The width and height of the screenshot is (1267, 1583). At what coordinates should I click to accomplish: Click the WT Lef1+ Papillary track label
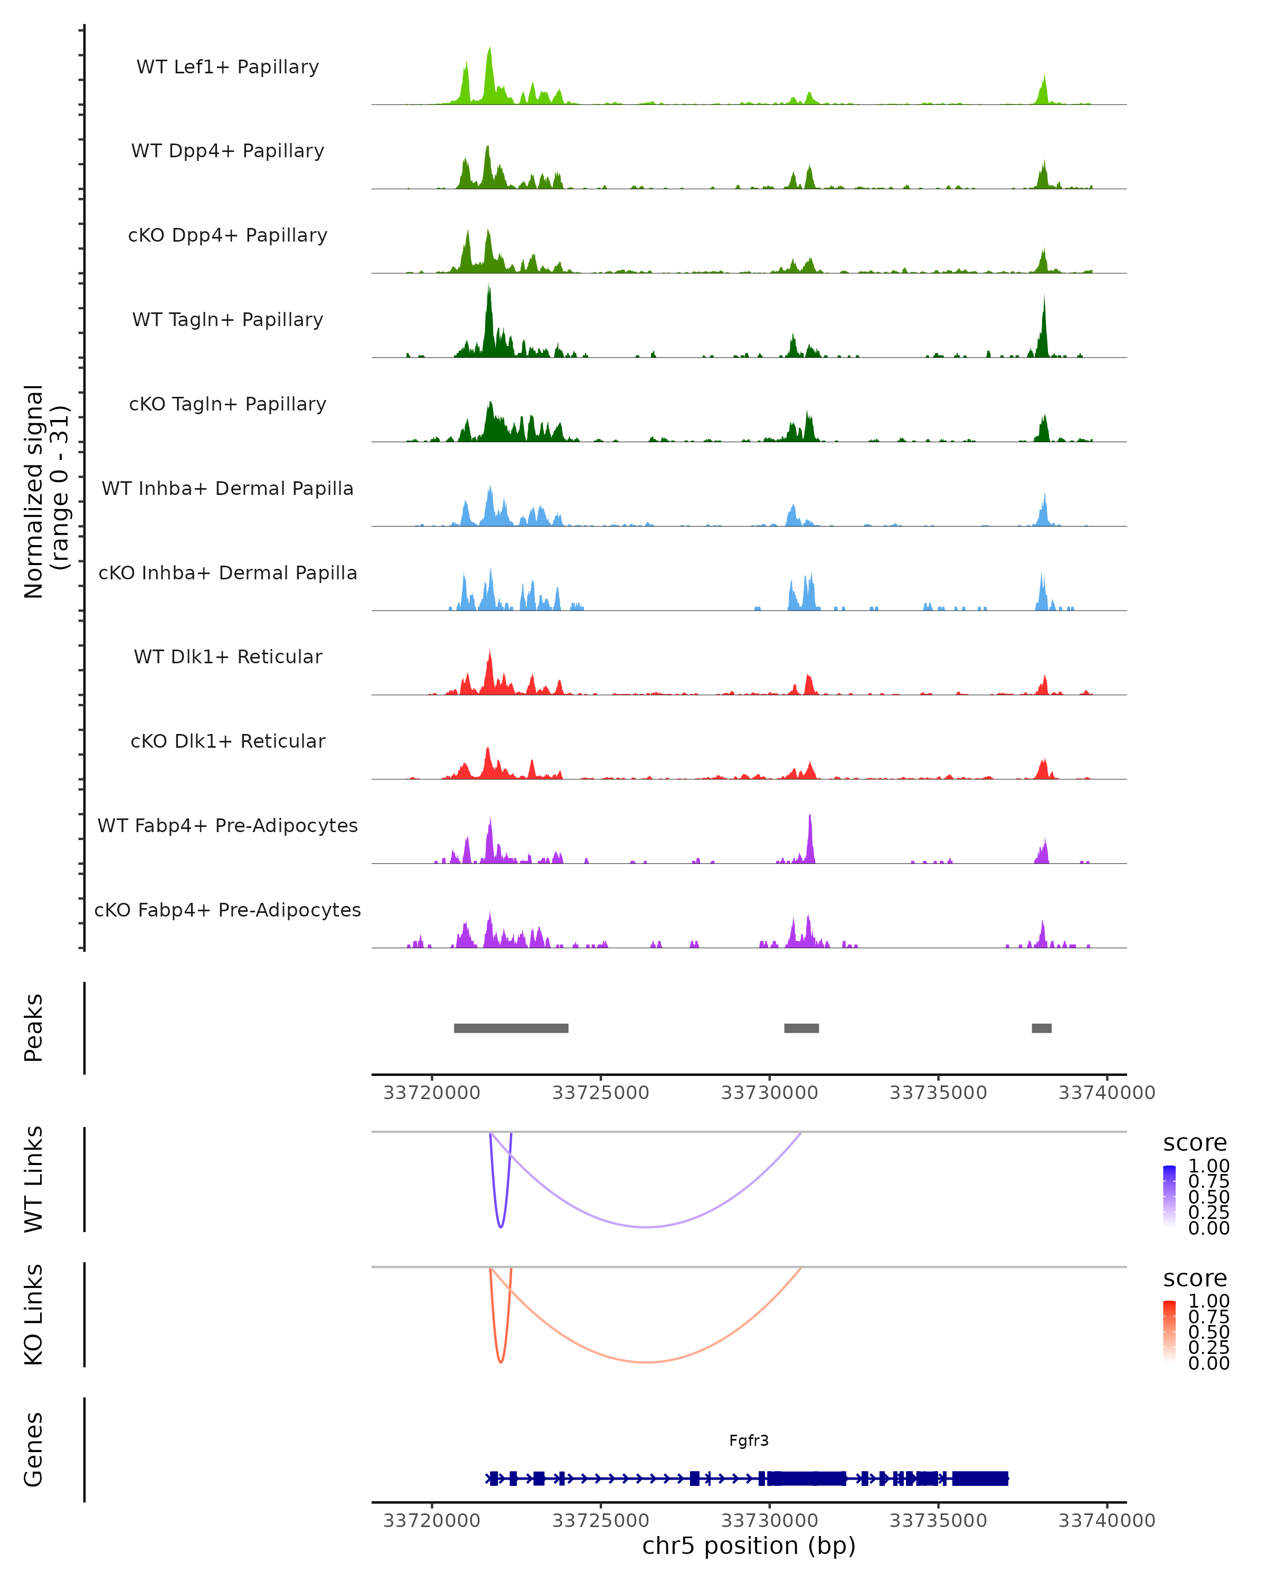click(x=228, y=67)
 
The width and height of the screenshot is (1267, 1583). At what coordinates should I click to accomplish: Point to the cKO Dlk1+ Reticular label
click(x=228, y=741)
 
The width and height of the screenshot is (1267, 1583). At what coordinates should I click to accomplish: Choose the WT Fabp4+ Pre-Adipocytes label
click(x=228, y=825)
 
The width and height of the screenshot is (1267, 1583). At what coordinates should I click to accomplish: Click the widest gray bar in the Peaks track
click(x=511, y=1028)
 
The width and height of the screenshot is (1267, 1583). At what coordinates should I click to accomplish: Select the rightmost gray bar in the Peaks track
click(x=1042, y=1028)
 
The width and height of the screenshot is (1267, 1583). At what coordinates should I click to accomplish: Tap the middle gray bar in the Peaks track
click(x=801, y=1028)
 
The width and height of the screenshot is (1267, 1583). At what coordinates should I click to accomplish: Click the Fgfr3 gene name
click(x=749, y=1441)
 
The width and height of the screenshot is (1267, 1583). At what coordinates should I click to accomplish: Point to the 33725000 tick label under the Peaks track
click(x=601, y=1093)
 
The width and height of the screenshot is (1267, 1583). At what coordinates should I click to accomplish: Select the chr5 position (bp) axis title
click(x=749, y=1546)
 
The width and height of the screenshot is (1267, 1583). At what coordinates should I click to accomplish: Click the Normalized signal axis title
click(x=45, y=491)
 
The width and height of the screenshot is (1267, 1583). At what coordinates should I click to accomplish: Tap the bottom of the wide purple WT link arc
click(x=646, y=1227)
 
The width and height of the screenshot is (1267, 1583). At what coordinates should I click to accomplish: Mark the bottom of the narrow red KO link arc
click(x=501, y=1362)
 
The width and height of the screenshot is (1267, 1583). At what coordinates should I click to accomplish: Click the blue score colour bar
click(x=1169, y=1196)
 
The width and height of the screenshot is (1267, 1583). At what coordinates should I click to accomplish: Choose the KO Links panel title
click(x=34, y=1315)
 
